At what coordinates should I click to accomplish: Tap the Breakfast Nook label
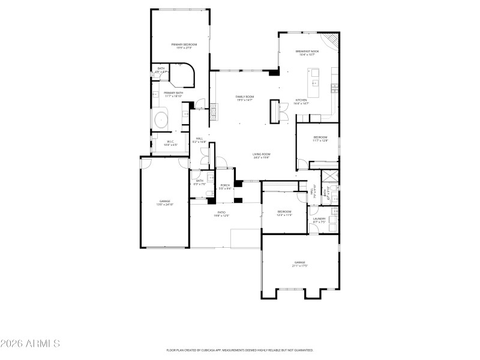[x=307, y=53]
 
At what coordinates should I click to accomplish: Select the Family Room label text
[x=244, y=98]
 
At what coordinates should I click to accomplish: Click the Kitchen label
[x=301, y=101]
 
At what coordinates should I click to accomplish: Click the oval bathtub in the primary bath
[x=161, y=119]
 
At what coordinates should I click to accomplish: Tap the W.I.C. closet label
[x=171, y=143]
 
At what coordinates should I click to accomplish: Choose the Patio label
[x=221, y=214]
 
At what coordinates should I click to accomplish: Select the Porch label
[x=225, y=187]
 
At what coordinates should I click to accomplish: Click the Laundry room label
[x=319, y=220]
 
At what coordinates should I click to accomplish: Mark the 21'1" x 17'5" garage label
[x=300, y=263]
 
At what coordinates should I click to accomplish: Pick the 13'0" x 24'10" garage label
[x=165, y=203]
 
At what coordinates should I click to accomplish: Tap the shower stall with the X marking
[x=329, y=177]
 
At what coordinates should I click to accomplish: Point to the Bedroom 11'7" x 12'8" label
[x=320, y=139]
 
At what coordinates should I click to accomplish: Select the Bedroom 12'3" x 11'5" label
[x=284, y=213]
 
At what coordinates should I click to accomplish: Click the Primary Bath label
[x=173, y=94]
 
